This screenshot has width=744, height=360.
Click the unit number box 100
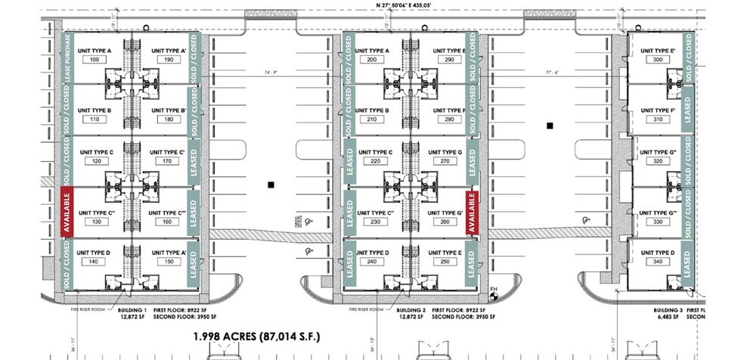tap(95, 59)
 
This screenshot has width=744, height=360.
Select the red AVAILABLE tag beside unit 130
tap(66, 213)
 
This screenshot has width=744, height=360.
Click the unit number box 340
tap(656, 262)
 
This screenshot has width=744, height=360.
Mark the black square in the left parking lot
tap(270, 184)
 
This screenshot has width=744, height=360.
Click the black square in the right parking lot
tap(551, 126)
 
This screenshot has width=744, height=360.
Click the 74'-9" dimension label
tap(271, 73)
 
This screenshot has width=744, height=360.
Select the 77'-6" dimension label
tap(551, 73)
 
